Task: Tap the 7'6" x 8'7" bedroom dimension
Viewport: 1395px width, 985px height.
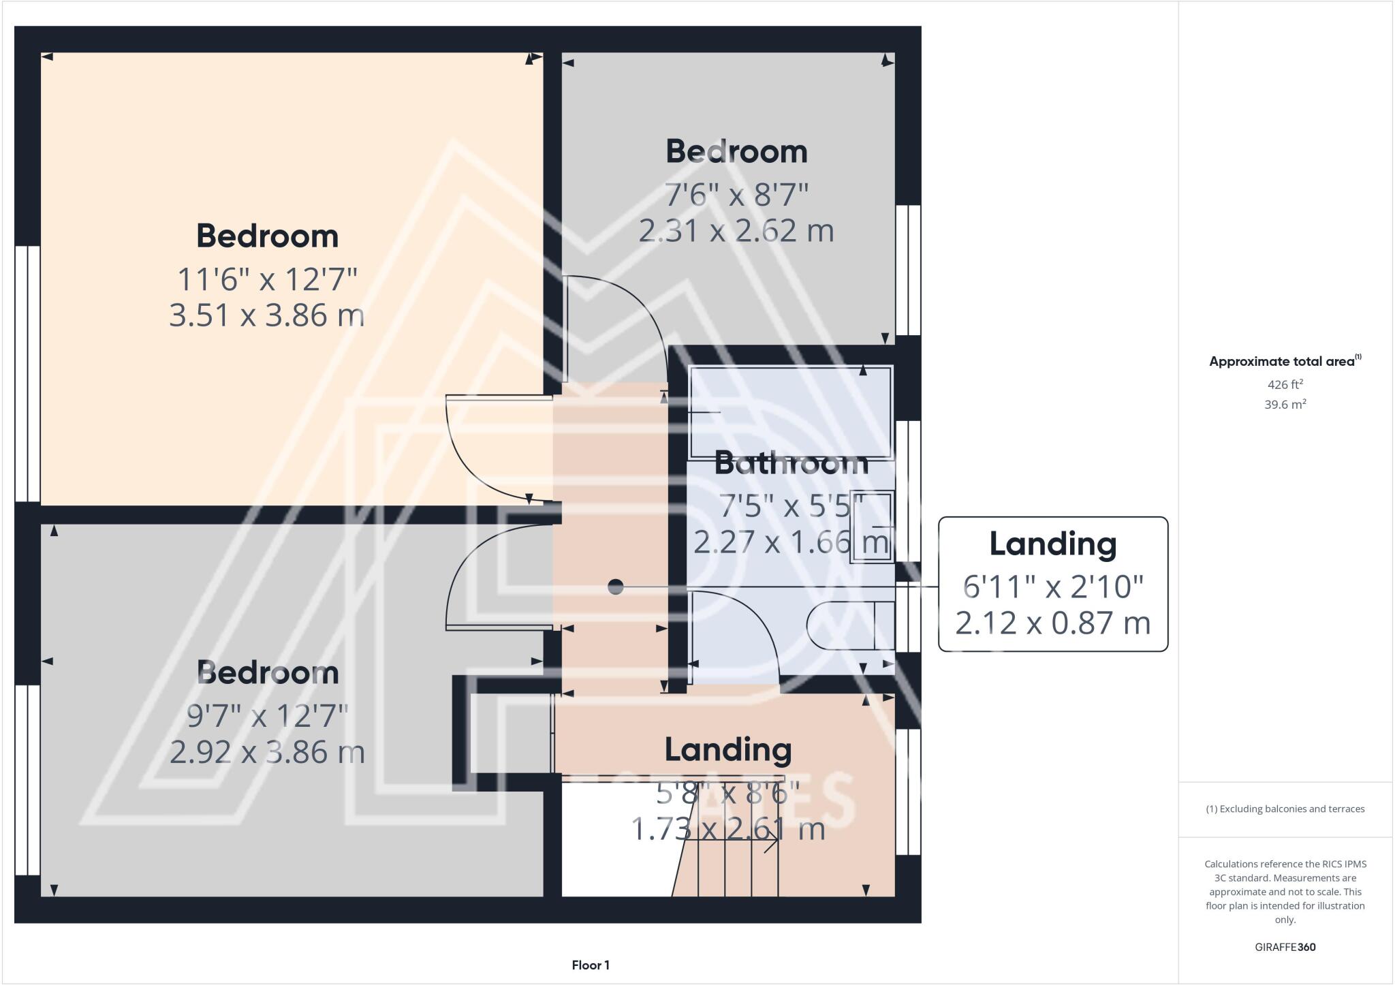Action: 736,195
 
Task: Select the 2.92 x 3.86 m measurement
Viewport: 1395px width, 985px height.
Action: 267,753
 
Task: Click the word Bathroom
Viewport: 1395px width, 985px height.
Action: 791,464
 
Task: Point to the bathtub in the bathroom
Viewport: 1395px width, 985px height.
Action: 791,412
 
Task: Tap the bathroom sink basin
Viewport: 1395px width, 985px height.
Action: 872,527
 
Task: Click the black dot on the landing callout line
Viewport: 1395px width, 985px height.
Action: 616,586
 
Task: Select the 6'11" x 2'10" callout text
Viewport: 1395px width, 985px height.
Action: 1053,587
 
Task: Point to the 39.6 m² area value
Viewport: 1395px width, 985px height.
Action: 1285,404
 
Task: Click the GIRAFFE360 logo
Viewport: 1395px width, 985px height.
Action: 1285,947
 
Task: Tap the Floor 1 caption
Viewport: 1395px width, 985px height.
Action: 591,965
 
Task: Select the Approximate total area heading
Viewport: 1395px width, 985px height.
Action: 1284,362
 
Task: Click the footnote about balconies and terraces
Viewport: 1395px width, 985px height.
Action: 1285,809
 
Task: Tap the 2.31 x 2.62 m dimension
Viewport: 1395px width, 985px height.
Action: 736,231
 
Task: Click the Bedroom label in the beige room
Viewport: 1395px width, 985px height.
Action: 267,236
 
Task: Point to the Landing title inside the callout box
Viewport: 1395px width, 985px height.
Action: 1053,544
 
